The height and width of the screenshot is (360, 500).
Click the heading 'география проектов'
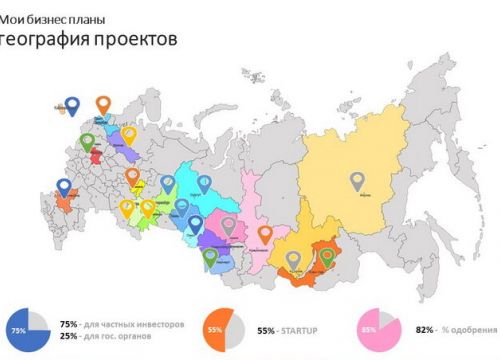click(90, 40)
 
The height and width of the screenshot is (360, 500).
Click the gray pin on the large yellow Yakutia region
click(357, 182)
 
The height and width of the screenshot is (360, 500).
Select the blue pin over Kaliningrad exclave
click(71, 104)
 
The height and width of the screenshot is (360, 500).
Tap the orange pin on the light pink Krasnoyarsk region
click(264, 235)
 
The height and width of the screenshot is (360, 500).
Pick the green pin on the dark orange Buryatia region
click(327, 257)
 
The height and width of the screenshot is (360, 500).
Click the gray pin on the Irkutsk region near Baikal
click(293, 260)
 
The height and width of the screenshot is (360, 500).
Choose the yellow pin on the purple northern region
click(128, 135)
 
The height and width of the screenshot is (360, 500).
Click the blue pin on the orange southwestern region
click(65, 187)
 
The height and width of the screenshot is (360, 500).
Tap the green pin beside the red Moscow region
click(88, 142)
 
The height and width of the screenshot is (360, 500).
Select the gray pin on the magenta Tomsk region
click(229, 226)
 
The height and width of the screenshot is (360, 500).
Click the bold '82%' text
click(422, 329)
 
